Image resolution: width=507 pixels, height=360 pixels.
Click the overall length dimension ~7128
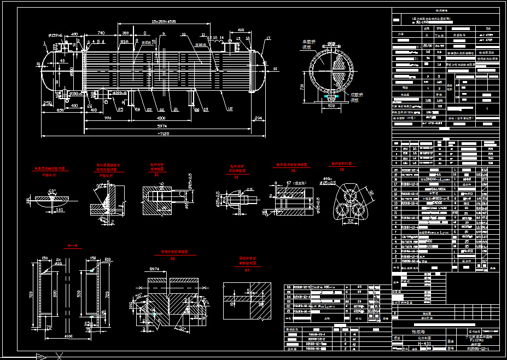click(164, 134)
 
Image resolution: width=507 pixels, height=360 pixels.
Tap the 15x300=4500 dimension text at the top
click(164, 21)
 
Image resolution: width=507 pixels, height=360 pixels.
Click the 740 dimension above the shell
click(101, 33)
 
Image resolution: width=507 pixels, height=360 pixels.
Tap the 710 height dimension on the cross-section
click(302, 87)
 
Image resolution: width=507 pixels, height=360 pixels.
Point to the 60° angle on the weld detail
click(53, 191)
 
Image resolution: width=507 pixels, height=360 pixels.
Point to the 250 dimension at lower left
click(48, 102)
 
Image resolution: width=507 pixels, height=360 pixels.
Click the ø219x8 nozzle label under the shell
click(119, 93)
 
